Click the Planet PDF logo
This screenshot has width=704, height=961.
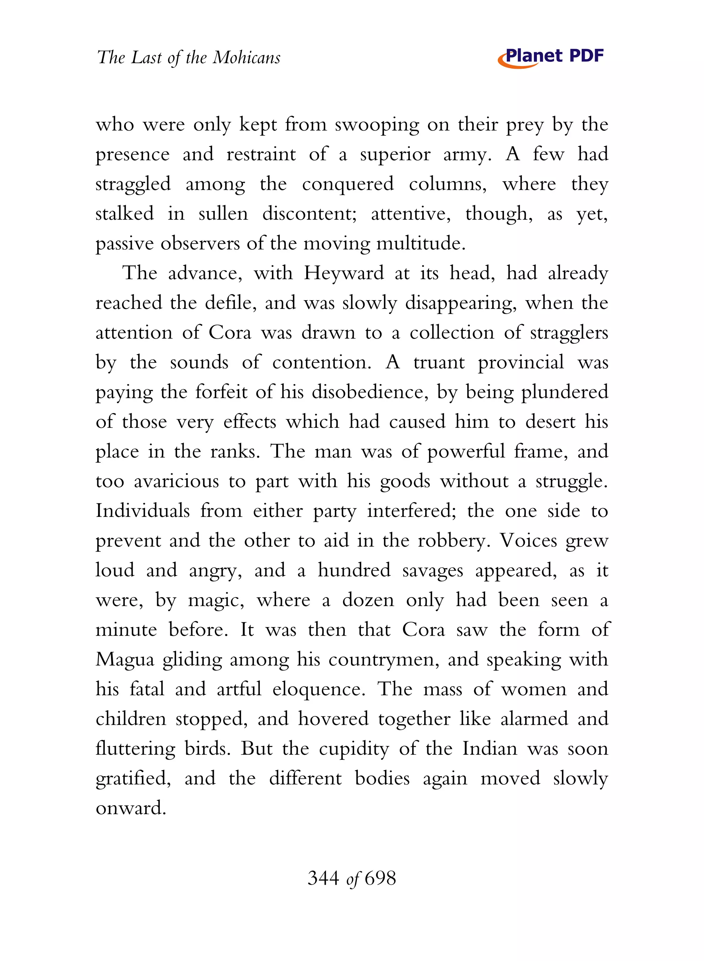click(x=551, y=57)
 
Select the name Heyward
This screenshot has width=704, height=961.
click(x=343, y=273)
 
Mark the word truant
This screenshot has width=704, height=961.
click(x=439, y=363)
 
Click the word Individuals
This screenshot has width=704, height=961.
click(x=142, y=511)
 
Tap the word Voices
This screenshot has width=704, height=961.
click(x=528, y=541)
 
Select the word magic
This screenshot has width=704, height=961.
click(x=216, y=601)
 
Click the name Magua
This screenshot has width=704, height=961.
click(x=124, y=660)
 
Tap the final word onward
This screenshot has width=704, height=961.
click(x=130, y=808)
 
